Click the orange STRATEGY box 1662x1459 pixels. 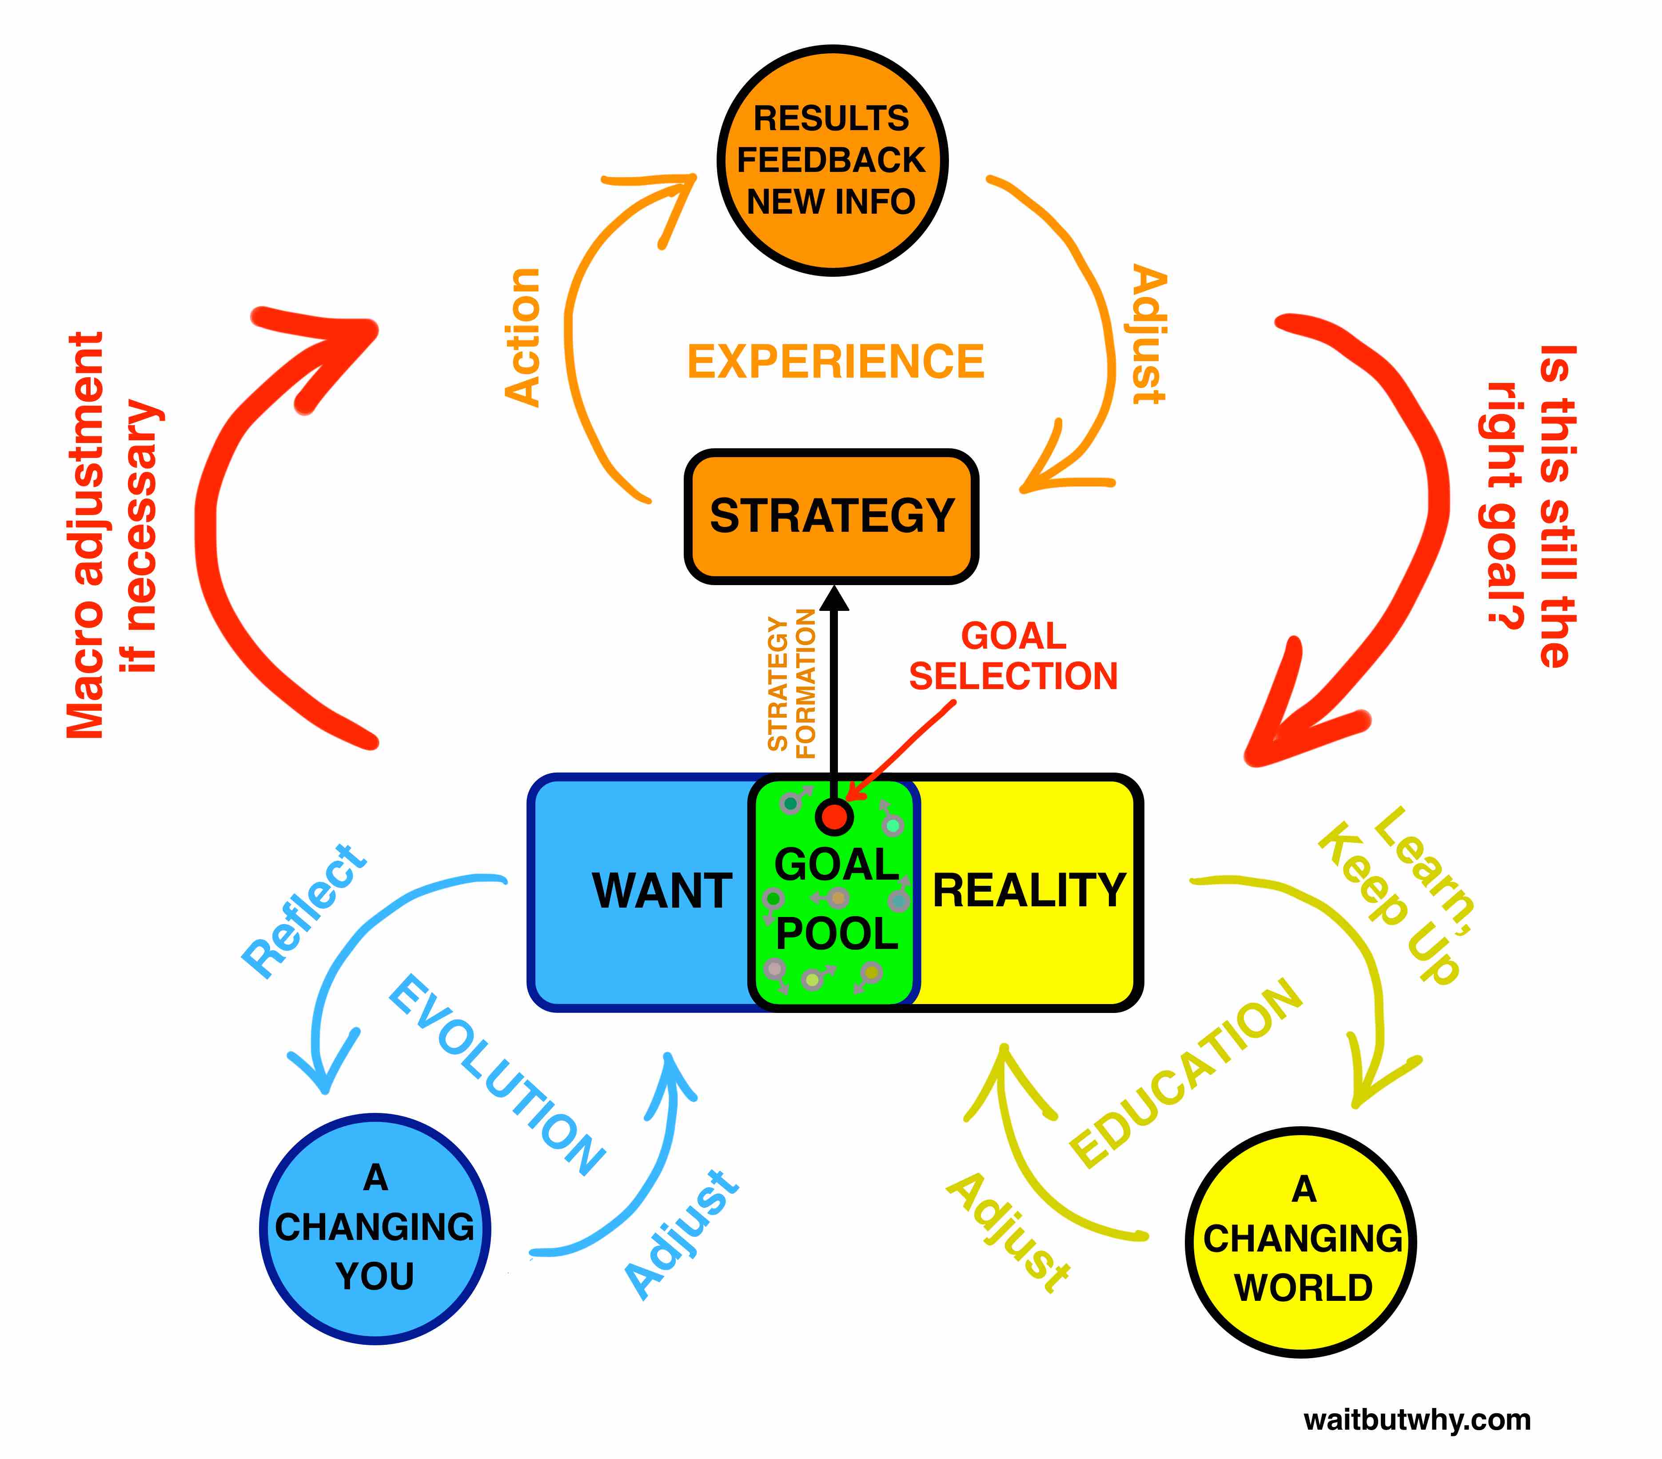831,516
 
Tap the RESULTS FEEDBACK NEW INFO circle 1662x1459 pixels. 831,160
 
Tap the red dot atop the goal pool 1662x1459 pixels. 833,816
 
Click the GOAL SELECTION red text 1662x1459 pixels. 1012,656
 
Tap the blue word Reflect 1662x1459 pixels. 305,911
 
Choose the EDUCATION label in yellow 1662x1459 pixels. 1185,1072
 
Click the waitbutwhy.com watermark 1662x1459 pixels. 1416,1419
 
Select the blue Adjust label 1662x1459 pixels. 682,1232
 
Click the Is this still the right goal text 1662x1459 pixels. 1529,504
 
